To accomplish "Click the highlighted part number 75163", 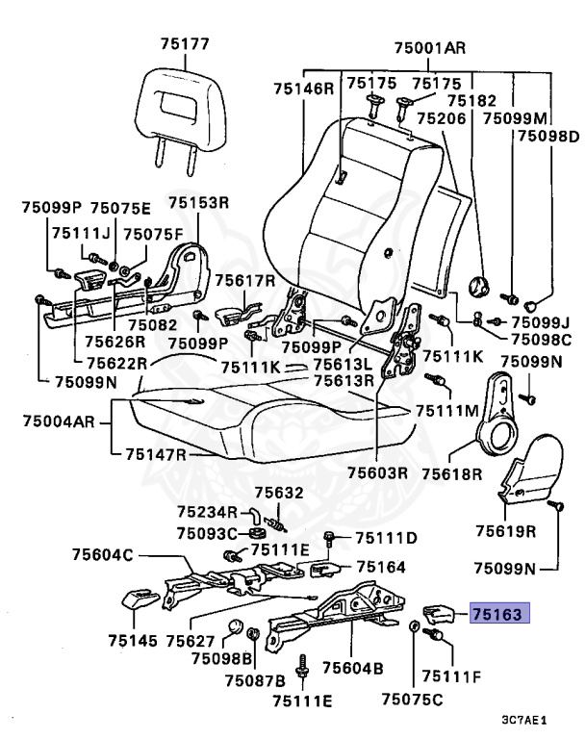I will [499, 612].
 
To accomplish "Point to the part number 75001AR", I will [430, 48].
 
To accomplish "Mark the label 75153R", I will [198, 203].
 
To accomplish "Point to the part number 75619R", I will [505, 529].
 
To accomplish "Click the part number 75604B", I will [352, 667].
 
